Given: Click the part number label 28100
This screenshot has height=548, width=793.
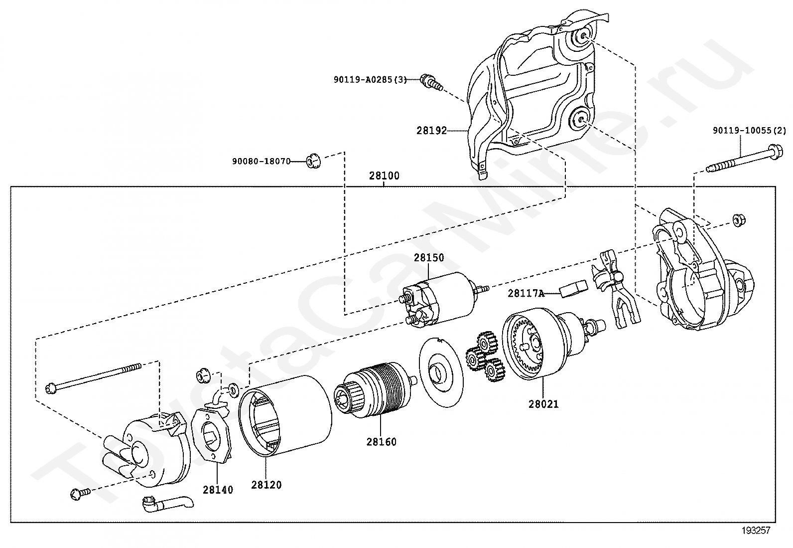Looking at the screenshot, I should [384, 176].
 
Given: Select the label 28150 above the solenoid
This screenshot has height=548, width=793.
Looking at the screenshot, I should [429, 258].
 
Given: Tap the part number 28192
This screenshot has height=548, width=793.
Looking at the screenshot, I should [431, 131].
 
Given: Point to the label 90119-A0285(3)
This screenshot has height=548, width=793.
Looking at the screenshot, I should [370, 79].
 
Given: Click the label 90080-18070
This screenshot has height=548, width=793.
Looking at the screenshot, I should [261, 161].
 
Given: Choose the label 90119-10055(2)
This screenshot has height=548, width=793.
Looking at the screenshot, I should [749, 131].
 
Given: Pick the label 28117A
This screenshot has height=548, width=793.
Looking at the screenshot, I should [526, 293].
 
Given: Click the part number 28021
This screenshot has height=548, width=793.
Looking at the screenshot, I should [543, 404].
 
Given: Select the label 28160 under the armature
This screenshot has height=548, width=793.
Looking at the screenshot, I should [382, 442].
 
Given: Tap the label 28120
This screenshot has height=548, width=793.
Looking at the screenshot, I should [266, 485].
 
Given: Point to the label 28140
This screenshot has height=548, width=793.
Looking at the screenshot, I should [218, 490].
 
